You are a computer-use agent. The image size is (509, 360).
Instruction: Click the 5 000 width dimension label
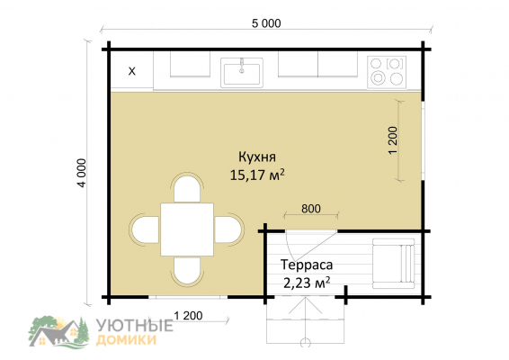(x=266, y=23)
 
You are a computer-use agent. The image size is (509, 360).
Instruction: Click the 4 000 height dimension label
(x=82, y=173)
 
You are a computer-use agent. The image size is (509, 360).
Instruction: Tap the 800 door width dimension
(x=310, y=209)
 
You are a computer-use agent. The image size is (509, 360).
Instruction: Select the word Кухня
(x=257, y=157)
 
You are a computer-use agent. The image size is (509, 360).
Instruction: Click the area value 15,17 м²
(x=257, y=175)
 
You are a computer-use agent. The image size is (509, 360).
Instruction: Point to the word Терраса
(x=307, y=265)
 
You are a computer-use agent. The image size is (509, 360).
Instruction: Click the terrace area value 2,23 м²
(x=307, y=283)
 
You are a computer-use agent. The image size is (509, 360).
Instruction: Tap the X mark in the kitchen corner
(x=132, y=71)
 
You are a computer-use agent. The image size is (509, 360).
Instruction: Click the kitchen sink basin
(x=242, y=73)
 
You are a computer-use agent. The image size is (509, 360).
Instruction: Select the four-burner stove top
(x=387, y=72)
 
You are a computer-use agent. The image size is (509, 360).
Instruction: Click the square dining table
(x=187, y=229)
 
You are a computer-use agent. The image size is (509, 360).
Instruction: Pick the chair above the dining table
(x=187, y=188)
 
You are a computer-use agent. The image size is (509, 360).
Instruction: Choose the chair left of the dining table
(x=145, y=229)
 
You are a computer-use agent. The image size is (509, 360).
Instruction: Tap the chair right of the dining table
(x=229, y=229)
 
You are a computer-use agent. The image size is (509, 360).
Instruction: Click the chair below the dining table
(x=187, y=271)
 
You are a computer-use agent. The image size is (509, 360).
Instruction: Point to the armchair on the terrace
(x=394, y=264)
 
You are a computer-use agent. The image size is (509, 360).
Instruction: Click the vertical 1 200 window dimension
(x=393, y=140)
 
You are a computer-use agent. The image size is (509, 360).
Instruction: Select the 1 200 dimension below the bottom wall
(x=188, y=316)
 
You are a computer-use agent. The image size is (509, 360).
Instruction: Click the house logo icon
(x=58, y=331)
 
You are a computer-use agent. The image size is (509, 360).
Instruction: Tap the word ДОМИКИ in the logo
(x=127, y=340)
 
